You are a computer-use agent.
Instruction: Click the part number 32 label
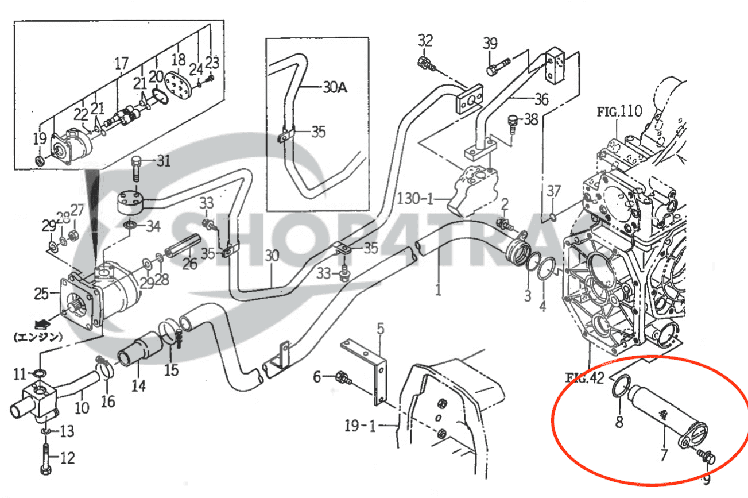click(425, 40)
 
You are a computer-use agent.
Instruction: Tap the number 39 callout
click(490, 43)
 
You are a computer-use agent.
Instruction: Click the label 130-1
click(414, 200)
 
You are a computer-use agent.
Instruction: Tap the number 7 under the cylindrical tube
click(664, 455)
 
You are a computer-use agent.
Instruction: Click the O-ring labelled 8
click(622, 385)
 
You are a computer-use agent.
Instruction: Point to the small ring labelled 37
click(552, 217)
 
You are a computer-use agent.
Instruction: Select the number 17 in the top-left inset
click(121, 63)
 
